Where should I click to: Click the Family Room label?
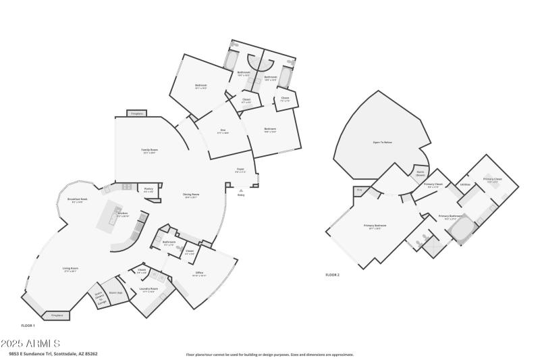149,150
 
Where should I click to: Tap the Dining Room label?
191,195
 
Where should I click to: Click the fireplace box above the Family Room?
137,113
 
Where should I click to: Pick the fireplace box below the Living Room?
57,315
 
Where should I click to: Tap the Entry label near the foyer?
241,195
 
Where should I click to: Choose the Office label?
198,274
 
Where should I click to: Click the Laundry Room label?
149,290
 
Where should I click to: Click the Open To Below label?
382,143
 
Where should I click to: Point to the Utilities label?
464,184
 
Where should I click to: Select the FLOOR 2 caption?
332,275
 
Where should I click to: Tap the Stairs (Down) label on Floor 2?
420,174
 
